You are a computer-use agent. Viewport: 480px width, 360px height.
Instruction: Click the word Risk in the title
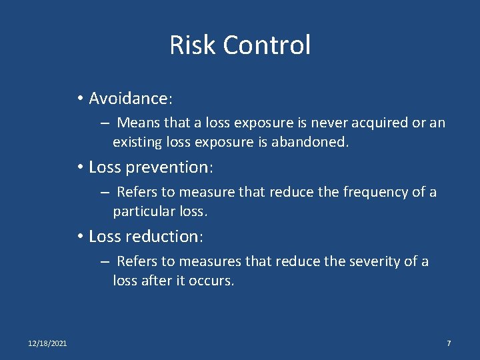pos(193,45)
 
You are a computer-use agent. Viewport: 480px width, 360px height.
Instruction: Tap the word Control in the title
pos(267,45)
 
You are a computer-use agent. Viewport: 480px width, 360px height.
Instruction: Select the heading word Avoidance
pos(129,99)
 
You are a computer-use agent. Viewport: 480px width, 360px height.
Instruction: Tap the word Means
pos(138,123)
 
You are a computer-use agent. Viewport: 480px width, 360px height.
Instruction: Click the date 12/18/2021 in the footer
pos(47,343)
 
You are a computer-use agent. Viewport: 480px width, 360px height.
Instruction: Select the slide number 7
pos(449,343)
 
